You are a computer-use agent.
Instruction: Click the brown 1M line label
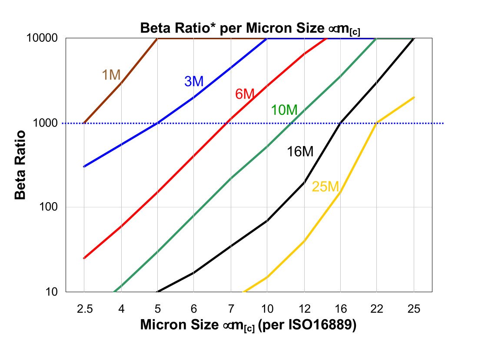[x=111, y=75]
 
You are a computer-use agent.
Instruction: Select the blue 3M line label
[x=194, y=81]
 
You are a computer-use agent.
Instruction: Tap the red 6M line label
[x=244, y=94]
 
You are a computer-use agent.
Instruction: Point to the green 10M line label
[x=284, y=110]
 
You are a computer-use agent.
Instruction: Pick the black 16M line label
[x=300, y=152]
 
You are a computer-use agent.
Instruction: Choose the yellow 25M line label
[x=325, y=187]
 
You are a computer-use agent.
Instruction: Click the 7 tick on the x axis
[x=231, y=309]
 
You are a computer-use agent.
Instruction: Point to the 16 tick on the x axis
[x=341, y=309]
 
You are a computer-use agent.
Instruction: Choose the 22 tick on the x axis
[x=377, y=309]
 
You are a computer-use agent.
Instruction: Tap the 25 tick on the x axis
[x=414, y=309]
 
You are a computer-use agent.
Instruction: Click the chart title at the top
[x=250, y=28]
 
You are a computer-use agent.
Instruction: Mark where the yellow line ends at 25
[x=414, y=97]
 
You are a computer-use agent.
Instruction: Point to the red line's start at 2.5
[x=84, y=258]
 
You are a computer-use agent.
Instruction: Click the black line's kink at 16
[x=341, y=123]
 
